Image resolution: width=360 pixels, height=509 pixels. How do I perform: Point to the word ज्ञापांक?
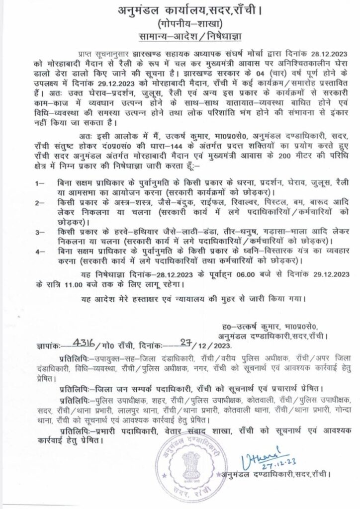51,345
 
